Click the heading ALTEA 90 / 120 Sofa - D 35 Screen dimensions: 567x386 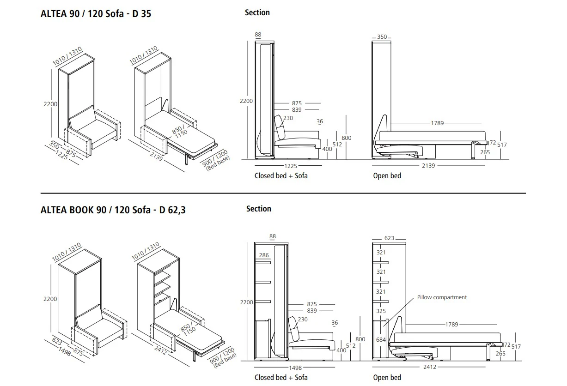(96, 14)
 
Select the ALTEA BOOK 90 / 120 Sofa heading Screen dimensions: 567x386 (96, 210)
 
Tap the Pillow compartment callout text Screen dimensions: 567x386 (442, 297)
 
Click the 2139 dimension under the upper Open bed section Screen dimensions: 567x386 (428, 165)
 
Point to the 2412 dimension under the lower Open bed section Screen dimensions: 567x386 (430, 367)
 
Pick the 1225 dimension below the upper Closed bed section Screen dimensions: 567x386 (290, 166)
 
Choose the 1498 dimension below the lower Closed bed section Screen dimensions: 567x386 (295, 368)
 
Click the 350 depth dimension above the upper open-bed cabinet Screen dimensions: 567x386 (382, 36)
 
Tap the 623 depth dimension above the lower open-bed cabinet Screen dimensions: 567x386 (389, 238)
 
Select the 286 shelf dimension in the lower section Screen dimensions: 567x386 (264, 255)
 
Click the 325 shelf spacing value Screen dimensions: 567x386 (381, 311)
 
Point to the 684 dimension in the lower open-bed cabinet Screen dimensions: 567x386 (381, 340)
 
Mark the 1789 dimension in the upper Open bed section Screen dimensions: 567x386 (438, 123)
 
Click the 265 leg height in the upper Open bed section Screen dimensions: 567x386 (485, 152)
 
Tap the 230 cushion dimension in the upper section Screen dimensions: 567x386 (288, 118)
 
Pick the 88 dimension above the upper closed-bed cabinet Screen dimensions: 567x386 (258, 35)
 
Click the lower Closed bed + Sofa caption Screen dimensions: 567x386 (281, 377)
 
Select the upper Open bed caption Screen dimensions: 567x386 (387, 175)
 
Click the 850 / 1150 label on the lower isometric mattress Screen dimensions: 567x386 (189, 329)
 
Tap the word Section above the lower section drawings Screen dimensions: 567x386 (258, 209)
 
